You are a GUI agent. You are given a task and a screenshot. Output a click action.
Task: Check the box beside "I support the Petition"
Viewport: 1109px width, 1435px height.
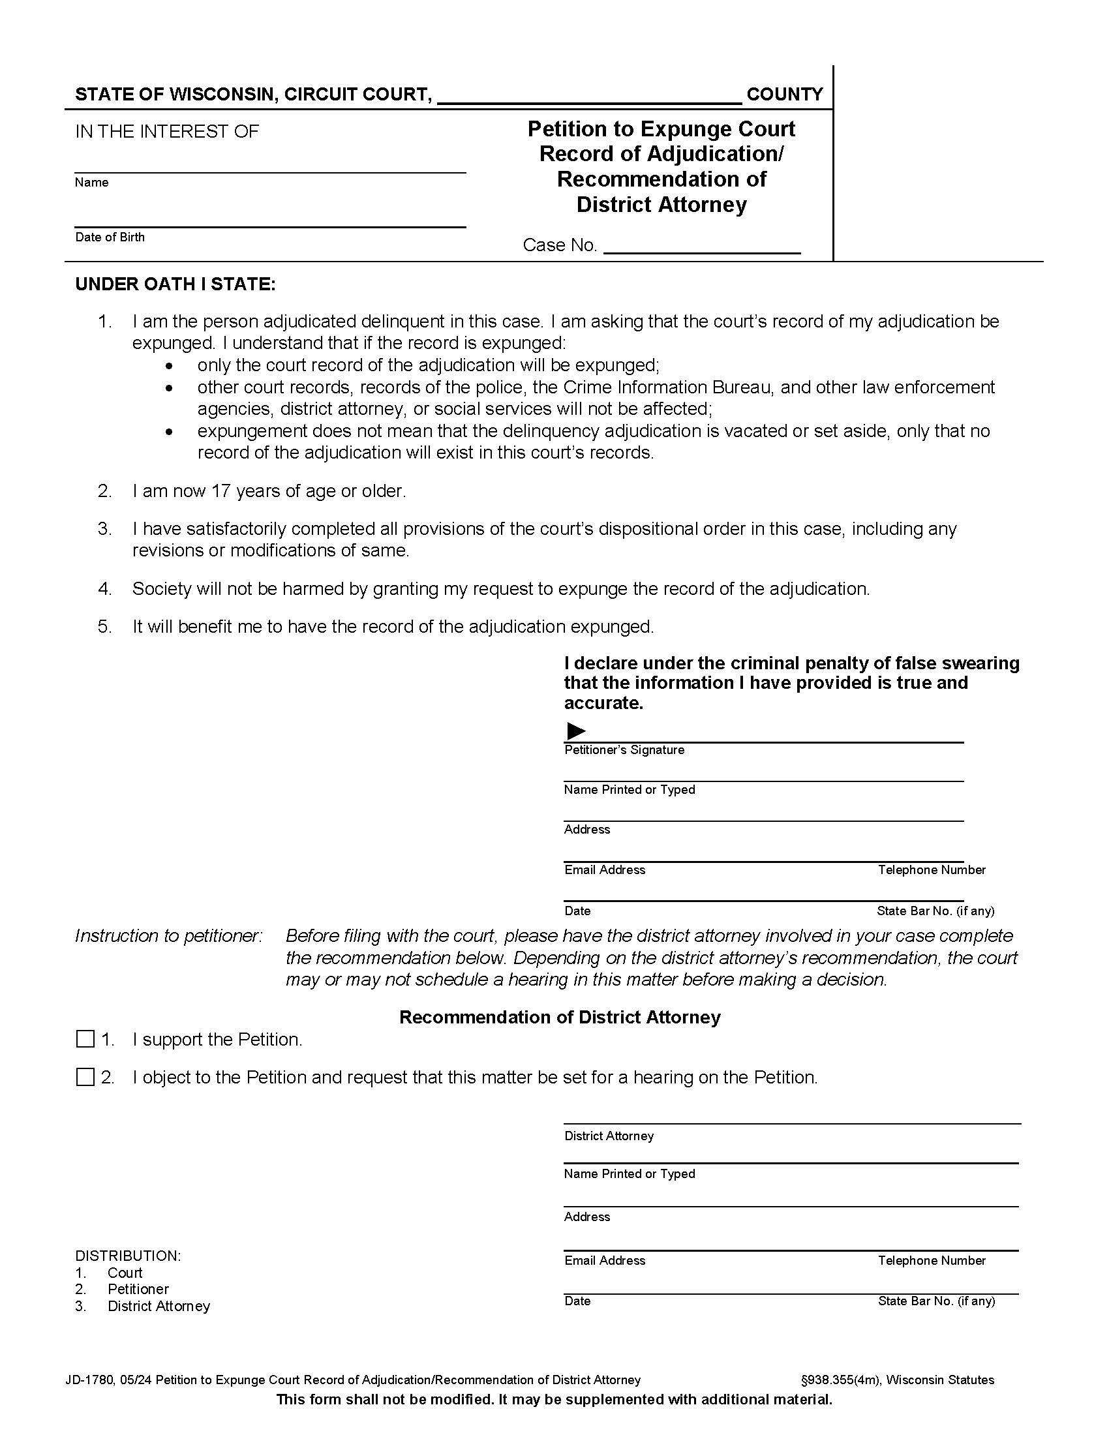(85, 1039)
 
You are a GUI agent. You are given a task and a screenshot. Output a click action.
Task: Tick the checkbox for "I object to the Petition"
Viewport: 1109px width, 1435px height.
(85, 1077)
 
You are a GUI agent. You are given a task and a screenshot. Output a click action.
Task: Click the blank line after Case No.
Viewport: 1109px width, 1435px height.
(701, 246)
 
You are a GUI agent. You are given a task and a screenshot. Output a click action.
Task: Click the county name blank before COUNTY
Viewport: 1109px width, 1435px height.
(588, 96)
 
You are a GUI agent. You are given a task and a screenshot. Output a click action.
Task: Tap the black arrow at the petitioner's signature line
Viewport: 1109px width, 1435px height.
(575, 730)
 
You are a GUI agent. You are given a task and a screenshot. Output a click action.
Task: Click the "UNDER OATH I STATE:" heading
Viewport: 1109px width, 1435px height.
(175, 284)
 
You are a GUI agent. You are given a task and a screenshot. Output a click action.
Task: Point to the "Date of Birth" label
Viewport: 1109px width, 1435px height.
(110, 237)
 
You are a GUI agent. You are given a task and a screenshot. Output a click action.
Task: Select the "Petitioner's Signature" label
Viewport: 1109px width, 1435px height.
(624, 749)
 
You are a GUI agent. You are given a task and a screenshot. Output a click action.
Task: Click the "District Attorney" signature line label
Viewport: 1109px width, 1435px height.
(609, 1136)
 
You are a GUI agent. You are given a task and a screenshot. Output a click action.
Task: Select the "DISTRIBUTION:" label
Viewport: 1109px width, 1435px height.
(127, 1256)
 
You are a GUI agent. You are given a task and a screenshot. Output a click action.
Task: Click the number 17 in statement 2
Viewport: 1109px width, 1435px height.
(220, 491)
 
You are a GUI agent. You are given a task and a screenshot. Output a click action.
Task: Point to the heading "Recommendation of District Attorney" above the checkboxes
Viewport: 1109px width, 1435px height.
(560, 1017)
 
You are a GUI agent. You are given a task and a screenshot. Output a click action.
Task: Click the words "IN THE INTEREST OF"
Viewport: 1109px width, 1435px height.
(167, 131)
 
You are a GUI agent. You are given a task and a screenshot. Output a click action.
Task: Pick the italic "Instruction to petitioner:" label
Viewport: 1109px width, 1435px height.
(168, 935)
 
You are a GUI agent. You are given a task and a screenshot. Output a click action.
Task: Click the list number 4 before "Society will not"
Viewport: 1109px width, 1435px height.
(104, 589)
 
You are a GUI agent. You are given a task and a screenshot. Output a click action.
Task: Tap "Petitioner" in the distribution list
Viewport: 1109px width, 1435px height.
(138, 1289)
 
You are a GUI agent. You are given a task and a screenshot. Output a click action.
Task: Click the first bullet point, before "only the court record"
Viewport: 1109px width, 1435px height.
(170, 366)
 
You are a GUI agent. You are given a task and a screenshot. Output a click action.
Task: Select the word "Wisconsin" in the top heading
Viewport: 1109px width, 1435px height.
(221, 95)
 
